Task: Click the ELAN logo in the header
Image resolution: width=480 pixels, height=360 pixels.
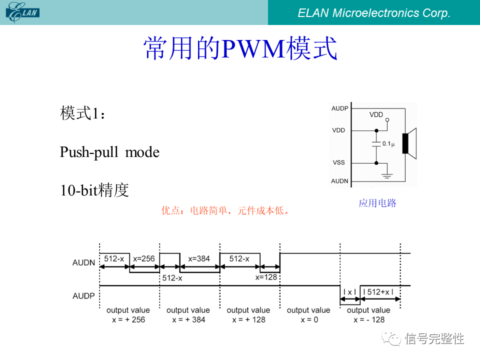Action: click(x=22, y=12)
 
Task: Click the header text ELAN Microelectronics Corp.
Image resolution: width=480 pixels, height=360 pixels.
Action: click(x=374, y=13)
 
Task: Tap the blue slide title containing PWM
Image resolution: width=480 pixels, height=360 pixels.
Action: click(x=240, y=48)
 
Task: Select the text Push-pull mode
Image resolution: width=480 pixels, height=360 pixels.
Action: click(x=109, y=152)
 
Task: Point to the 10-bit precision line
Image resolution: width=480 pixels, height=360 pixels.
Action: click(x=94, y=190)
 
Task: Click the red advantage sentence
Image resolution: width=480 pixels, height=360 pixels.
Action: click(x=225, y=210)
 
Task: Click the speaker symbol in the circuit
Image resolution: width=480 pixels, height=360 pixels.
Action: click(x=409, y=143)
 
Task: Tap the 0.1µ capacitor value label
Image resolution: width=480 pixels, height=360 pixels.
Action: click(x=388, y=144)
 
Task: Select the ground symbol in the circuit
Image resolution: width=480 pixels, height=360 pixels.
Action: click(x=387, y=175)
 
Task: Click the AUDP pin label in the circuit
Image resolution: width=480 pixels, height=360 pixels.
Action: click(x=340, y=108)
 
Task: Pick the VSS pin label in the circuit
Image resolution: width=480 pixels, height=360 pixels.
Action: click(x=339, y=162)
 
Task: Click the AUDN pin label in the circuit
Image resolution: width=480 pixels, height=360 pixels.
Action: click(x=340, y=181)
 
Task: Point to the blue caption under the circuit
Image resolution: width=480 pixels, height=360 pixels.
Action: click(x=377, y=203)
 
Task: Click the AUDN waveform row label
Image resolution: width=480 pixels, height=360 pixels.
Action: click(x=83, y=263)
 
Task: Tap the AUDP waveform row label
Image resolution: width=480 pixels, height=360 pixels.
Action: click(x=83, y=296)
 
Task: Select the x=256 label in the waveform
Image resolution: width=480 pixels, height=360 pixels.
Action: click(x=144, y=258)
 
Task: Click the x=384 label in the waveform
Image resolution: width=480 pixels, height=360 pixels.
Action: click(x=199, y=259)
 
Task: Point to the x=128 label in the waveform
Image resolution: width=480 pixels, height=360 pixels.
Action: click(x=266, y=277)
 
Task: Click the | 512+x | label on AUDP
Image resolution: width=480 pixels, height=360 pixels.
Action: click(x=378, y=292)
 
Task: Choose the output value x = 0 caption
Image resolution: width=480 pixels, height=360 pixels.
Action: click(x=308, y=315)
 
